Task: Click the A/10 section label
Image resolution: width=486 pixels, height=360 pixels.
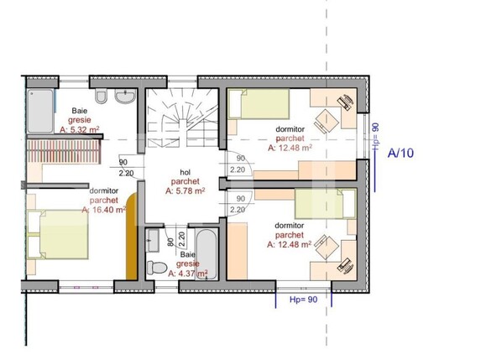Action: click(x=402, y=154)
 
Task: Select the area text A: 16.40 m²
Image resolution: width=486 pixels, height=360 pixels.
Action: click(x=102, y=210)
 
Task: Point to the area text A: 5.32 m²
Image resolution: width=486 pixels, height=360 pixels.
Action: click(x=79, y=130)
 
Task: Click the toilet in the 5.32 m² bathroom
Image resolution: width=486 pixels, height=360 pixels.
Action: click(x=100, y=99)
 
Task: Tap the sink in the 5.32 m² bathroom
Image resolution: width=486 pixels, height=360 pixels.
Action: click(x=126, y=98)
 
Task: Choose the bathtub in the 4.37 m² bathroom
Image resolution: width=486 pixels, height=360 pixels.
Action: click(x=208, y=253)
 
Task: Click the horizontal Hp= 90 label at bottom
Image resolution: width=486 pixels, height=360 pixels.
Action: click(x=303, y=299)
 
